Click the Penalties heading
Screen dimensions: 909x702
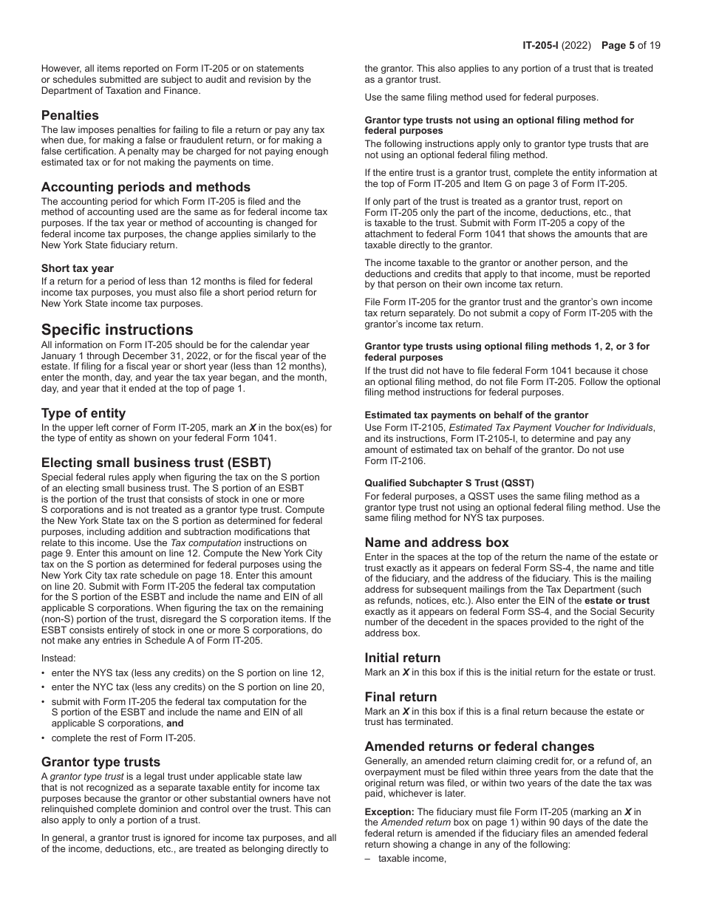coord(69,115)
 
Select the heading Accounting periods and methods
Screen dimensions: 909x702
coord(146,187)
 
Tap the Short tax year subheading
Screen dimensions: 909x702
coord(78,268)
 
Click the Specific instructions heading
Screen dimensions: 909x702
coord(117,330)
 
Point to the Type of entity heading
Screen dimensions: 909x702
coord(84,413)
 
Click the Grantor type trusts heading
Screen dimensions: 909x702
coord(100,762)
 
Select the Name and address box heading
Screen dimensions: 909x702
coord(437,542)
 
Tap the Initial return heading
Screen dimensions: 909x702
coord(402,658)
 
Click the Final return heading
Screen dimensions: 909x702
coord(401,697)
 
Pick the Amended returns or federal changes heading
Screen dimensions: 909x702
coord(479,746)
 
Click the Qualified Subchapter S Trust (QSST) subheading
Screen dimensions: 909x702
coord(449,483)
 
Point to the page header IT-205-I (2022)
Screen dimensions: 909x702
coord(556,45)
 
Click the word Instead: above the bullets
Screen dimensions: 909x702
coord(58,658)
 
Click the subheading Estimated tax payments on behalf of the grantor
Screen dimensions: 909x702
coord(477,415)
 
